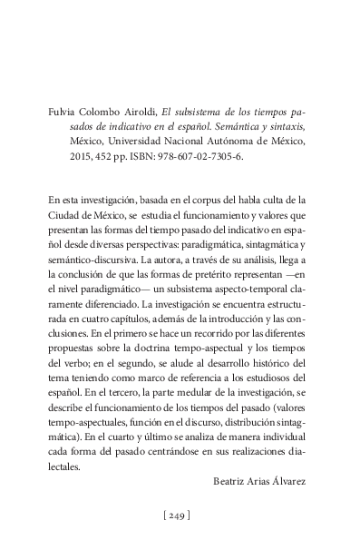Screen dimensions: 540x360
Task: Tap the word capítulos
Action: (119, 326)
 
